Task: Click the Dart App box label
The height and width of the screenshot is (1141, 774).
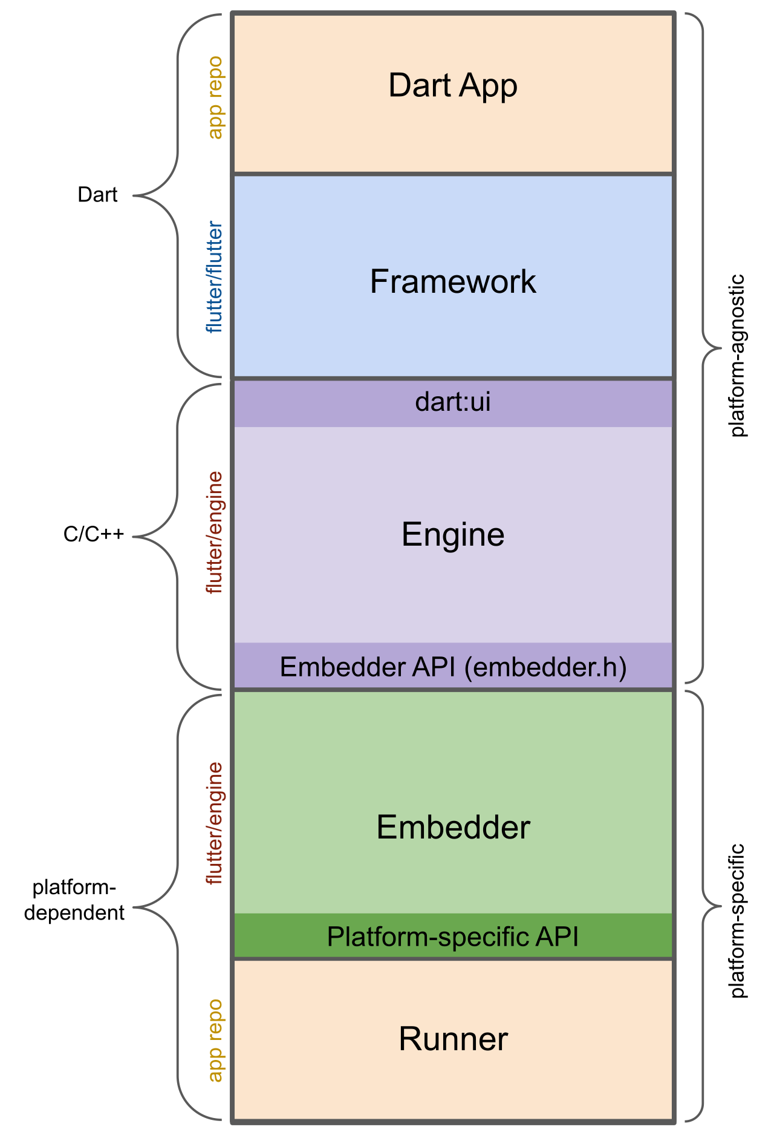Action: click(453, 85)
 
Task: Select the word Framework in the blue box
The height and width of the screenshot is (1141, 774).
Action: click(453, 281)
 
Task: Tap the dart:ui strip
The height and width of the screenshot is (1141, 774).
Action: click(453, 402)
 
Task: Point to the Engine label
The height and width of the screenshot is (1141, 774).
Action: click(453, 535)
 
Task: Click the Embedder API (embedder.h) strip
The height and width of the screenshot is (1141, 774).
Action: click(453, 667)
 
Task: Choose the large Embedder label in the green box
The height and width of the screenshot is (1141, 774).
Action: click(453, 827)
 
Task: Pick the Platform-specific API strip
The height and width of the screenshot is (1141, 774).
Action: click(453, 937)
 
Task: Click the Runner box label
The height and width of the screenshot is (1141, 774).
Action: click(453, 1039)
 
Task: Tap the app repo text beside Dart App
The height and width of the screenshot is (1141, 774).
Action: click(215, 97)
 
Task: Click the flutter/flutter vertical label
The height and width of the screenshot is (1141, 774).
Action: click(215, 278)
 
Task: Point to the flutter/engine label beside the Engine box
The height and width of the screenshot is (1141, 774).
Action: click(215, 533)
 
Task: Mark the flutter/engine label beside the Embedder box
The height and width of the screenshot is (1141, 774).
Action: click(215, 823)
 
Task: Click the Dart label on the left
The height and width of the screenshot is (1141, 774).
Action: click(97, 195)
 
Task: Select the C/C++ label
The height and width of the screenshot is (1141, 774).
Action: click(94, 534)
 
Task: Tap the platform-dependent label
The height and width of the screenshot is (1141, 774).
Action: click(74, 900)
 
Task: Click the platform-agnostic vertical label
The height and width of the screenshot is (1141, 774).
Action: click(738, 356)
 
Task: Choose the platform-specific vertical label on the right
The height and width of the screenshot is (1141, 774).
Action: click(738, 921)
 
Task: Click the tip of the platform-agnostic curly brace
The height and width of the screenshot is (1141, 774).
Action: click(721, 348)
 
